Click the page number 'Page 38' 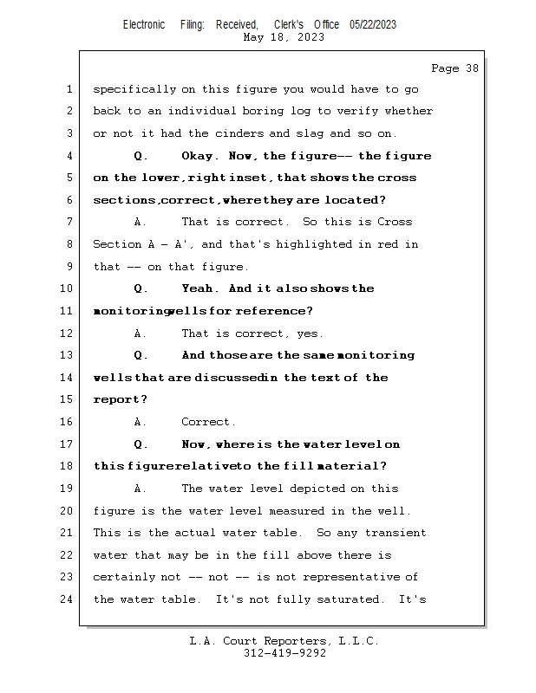454,68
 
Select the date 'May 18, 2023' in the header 284,37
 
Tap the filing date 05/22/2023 373,24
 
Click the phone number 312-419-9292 284,653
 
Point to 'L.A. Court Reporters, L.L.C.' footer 284,641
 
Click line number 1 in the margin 69,89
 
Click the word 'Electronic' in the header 144,24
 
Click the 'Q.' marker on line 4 141,156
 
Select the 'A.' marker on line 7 141,223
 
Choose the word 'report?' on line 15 121,400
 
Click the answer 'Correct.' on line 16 208,422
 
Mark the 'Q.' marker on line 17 141,444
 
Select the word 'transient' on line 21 395,533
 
